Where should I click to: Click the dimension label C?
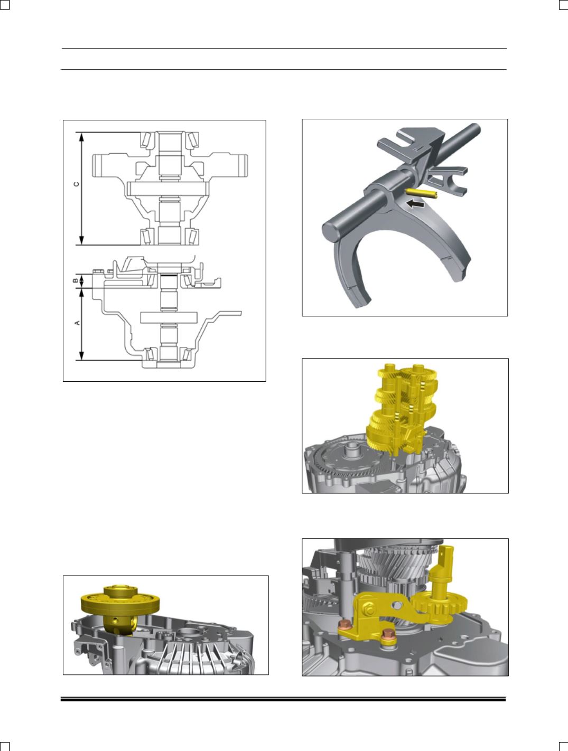[77, 184]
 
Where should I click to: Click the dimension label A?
[77, 323]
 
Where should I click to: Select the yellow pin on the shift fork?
[421, 192]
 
